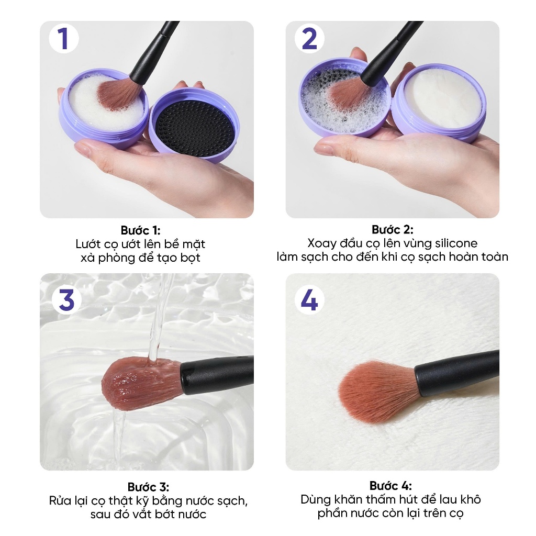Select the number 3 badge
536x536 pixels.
click(66, 300)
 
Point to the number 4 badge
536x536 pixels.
click(310, 300)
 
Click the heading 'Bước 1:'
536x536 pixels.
click(140, 230)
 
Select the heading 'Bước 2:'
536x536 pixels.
click(393, 229)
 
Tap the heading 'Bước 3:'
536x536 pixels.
click(148, 487)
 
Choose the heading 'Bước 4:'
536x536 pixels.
click(390, 486)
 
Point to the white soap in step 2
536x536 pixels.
click(443, 97)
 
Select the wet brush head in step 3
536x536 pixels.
click(141, 385)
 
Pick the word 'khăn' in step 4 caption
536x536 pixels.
click(347, 499)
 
